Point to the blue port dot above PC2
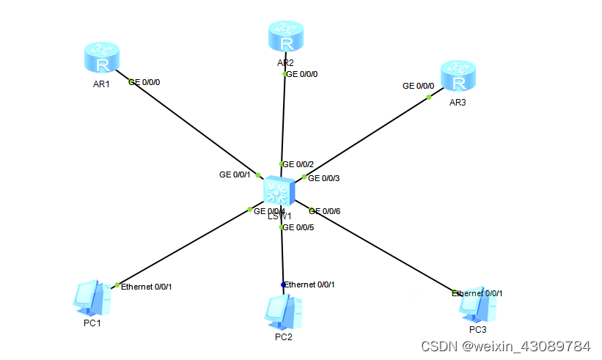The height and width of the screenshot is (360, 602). point(283,284)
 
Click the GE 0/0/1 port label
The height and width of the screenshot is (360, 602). point(235,175)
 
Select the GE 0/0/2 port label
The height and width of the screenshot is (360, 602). point(298,164)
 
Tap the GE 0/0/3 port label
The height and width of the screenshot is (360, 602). point(324,177)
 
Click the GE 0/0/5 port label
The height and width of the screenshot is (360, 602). point(298,227)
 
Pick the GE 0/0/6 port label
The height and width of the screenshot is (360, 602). point(324,211)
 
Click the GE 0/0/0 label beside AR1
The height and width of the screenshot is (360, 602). point(144,82)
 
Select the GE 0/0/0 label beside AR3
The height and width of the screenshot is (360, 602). point(418,86)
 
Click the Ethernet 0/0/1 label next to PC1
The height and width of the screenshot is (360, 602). point(147,287)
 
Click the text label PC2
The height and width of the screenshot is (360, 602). point(284,337)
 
